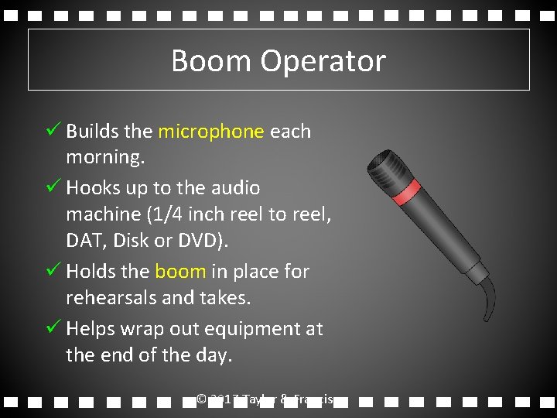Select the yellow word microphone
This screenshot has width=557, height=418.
click(210, 132)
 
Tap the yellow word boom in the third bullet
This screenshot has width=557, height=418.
click(180, 272)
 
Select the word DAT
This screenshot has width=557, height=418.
click(85, 241)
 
